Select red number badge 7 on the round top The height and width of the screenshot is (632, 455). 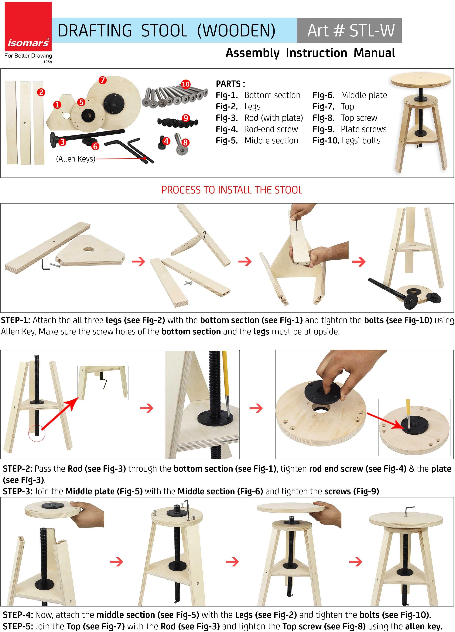(103, 80)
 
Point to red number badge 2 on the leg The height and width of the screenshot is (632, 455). (41, 92)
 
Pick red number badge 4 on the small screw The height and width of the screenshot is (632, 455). (166, 141)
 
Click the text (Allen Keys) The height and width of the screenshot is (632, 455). (76, 159)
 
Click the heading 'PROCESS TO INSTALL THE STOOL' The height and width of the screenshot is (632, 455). (232, 190)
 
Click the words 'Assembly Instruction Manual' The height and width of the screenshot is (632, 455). (310, 53)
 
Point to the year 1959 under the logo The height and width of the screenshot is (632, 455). (48, 62)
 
